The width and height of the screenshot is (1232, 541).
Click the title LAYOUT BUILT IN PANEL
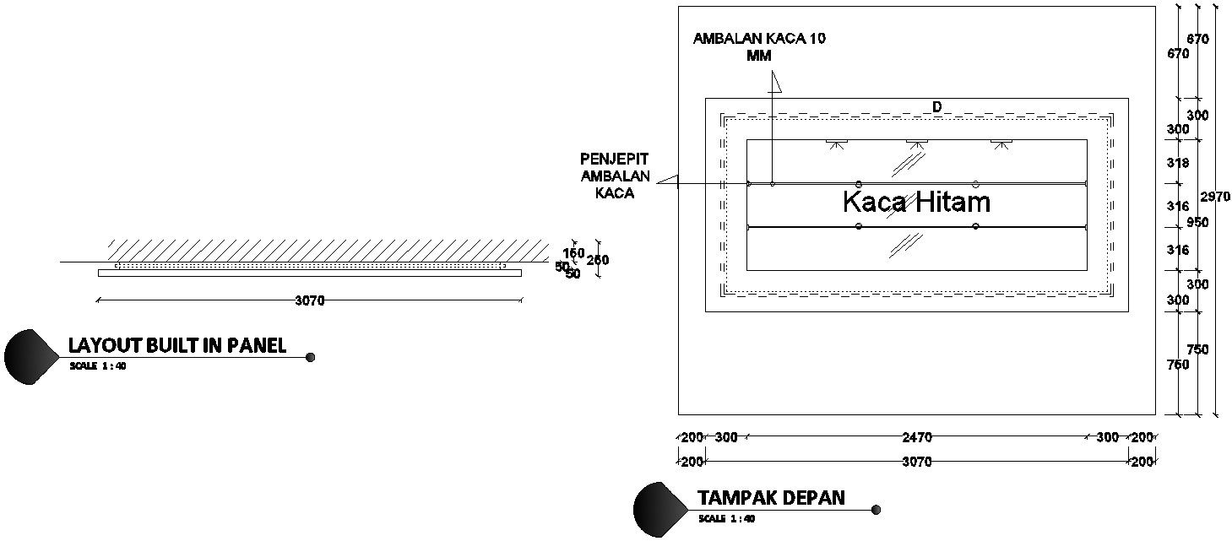[177, 344]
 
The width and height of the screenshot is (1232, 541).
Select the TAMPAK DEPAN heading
[771, 497]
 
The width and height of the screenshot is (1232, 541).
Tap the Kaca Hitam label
[916, 203]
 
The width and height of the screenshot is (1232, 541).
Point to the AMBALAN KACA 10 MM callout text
[759, 46]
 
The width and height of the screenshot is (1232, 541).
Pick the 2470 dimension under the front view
[917, 437]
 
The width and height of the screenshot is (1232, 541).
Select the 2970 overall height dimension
[1214, 197]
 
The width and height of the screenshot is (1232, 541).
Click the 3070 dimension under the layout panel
[310, 300]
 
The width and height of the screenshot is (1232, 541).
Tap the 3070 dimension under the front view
[917, 462]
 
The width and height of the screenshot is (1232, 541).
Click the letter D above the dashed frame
[936, 106]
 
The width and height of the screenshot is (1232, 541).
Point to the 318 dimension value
[1177, 163]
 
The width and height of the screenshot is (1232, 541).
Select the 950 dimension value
[1197, 223]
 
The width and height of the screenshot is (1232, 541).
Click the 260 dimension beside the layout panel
[598, 260]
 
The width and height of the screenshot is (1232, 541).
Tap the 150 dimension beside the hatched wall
[573, 253]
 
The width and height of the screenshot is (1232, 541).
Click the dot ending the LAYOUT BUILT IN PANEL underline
[310, 357]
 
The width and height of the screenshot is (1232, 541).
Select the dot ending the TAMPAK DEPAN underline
[876, 510]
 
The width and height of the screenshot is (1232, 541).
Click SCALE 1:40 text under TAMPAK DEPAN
[726, 518]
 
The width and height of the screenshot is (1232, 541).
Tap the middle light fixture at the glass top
[917, 143]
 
